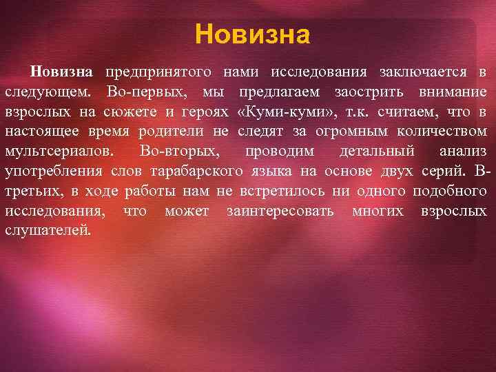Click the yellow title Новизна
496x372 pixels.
[x=252, y=33]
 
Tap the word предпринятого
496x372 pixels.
[x=159, y=72]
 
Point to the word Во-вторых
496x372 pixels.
[x=178, y=151]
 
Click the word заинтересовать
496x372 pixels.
[x=280, y=210]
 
